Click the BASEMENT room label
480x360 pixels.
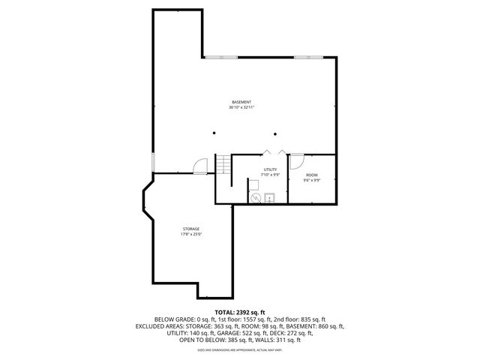click(241, 102)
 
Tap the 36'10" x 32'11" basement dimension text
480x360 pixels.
click(241, 107)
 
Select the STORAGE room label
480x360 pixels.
click(190, 229)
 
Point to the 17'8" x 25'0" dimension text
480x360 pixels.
click(190, 234)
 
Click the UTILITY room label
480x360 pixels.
click(270, 169)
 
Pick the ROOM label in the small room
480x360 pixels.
click(311, 175)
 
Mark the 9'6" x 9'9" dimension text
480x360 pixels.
click(311, 180)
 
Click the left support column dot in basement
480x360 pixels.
click(214, 133)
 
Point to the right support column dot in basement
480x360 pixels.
click(276, 133)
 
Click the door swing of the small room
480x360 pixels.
click(297, 160)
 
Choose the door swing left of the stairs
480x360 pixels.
click(200, 166)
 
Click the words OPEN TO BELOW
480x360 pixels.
click(199, 339)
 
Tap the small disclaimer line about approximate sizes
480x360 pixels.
click(239, 349)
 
